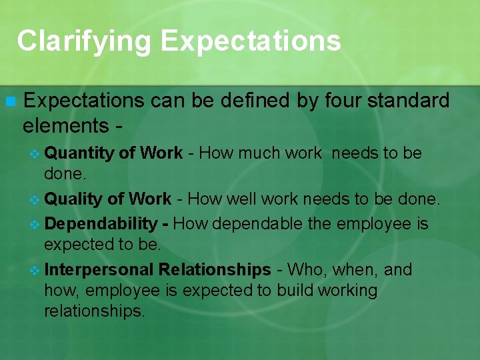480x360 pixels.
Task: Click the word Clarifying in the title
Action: click(85, 41)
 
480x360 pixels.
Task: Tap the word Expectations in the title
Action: click(251, 41)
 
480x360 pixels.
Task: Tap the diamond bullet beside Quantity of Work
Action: click(36, 154)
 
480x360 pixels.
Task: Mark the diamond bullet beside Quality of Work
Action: click(36, 199)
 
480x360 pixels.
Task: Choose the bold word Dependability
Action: click(100, 223)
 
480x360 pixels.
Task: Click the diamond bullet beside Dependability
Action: click(36, 223)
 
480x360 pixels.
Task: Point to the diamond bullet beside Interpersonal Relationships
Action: click(36, 270)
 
